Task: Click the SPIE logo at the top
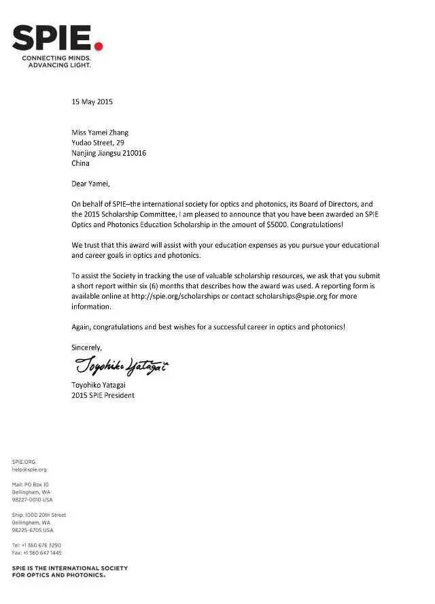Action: pos(53,39)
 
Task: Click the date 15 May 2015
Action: pos(92,102)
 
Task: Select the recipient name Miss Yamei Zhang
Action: pos(100,133)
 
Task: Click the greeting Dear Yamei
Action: pos(90,184)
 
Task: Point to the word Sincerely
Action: pos(87,348)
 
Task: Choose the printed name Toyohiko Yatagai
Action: pos(99,385)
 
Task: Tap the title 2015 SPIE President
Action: pos(103,395)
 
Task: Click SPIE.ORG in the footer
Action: pos(24,462)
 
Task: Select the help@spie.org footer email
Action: pos(29,469)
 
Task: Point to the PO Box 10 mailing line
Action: pos(31,484)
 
